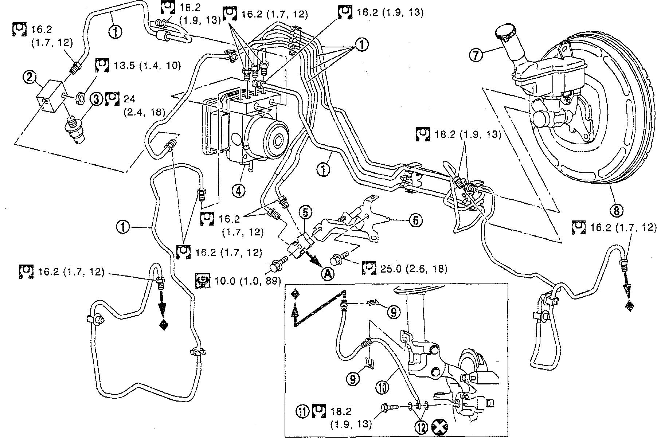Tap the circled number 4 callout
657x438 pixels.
coord(239,191)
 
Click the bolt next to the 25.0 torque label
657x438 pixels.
coord(338,259)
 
